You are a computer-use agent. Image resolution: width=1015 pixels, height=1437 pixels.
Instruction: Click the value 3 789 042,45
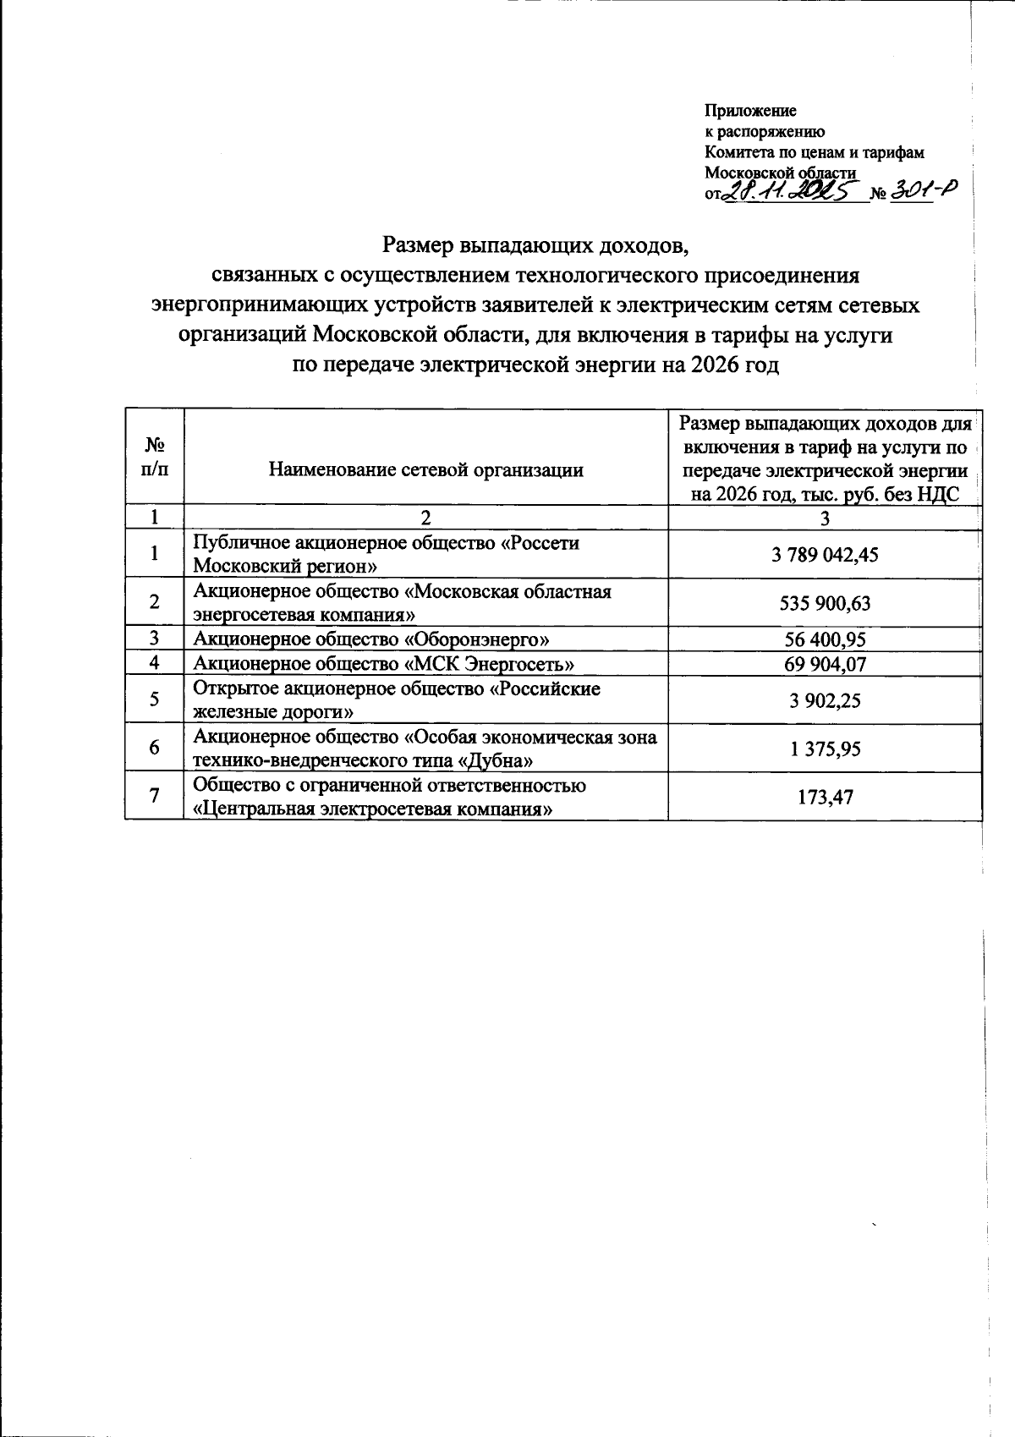click(824, 555)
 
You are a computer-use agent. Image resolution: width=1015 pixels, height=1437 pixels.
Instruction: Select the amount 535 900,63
click(825, 603)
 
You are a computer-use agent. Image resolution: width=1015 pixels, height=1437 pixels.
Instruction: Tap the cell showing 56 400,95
click(825, 639)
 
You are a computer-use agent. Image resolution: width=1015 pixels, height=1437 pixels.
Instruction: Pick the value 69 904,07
click(825, 663)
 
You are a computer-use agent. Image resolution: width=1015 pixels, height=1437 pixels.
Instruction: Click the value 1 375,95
click(825, 749)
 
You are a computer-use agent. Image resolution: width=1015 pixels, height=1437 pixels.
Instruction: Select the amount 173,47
click(825, 796)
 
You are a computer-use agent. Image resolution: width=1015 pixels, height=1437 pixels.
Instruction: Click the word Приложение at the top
click(750, 111)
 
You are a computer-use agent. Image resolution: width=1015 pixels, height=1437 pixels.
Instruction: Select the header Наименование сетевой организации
click(425, 470)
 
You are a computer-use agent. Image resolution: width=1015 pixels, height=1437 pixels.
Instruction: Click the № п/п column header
click(154, 458)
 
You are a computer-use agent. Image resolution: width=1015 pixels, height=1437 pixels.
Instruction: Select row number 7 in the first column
click(154, 796)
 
